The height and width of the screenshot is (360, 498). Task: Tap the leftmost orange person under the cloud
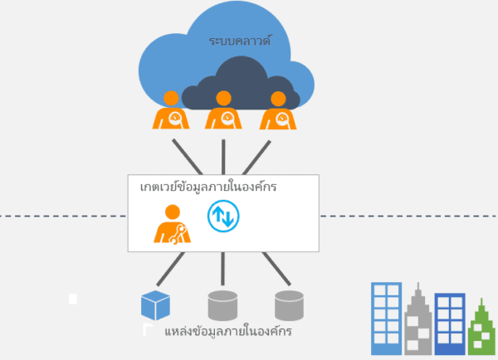[171, 112]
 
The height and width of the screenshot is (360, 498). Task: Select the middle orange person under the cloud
[223, 111]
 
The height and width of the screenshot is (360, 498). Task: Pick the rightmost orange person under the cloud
[277, 112]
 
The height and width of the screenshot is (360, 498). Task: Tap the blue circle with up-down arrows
[222, 217]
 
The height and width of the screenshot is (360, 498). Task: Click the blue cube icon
[155, 305]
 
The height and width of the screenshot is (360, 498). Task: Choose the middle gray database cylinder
[222, 305]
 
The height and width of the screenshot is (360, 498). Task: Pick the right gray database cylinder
[289, 305]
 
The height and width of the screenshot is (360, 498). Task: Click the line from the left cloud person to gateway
[188, 156]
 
